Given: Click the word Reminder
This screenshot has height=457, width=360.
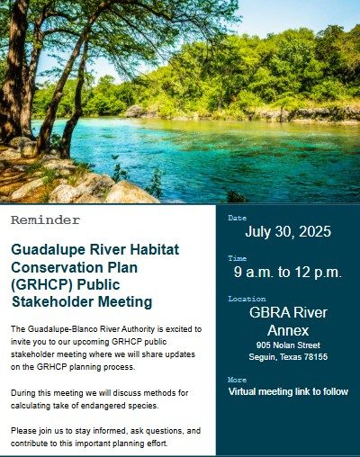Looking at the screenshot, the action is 45,220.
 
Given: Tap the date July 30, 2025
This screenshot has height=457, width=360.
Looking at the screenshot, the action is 288,232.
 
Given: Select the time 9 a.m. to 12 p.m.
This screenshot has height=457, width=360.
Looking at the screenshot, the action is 288,272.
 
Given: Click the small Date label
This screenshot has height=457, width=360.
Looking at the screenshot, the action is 238,218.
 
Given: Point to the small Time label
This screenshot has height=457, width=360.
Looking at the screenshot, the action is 238,258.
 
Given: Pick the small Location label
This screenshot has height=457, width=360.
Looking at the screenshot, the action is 247,299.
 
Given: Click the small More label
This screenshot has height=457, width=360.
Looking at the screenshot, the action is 238,380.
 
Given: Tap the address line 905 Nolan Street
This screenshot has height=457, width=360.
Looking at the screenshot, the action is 288,345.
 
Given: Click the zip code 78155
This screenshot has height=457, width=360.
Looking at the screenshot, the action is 316,357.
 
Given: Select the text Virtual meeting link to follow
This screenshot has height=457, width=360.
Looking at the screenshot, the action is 288,391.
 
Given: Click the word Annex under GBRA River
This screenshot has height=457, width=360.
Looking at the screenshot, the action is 288,330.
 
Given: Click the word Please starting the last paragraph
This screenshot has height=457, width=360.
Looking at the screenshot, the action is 24,431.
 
